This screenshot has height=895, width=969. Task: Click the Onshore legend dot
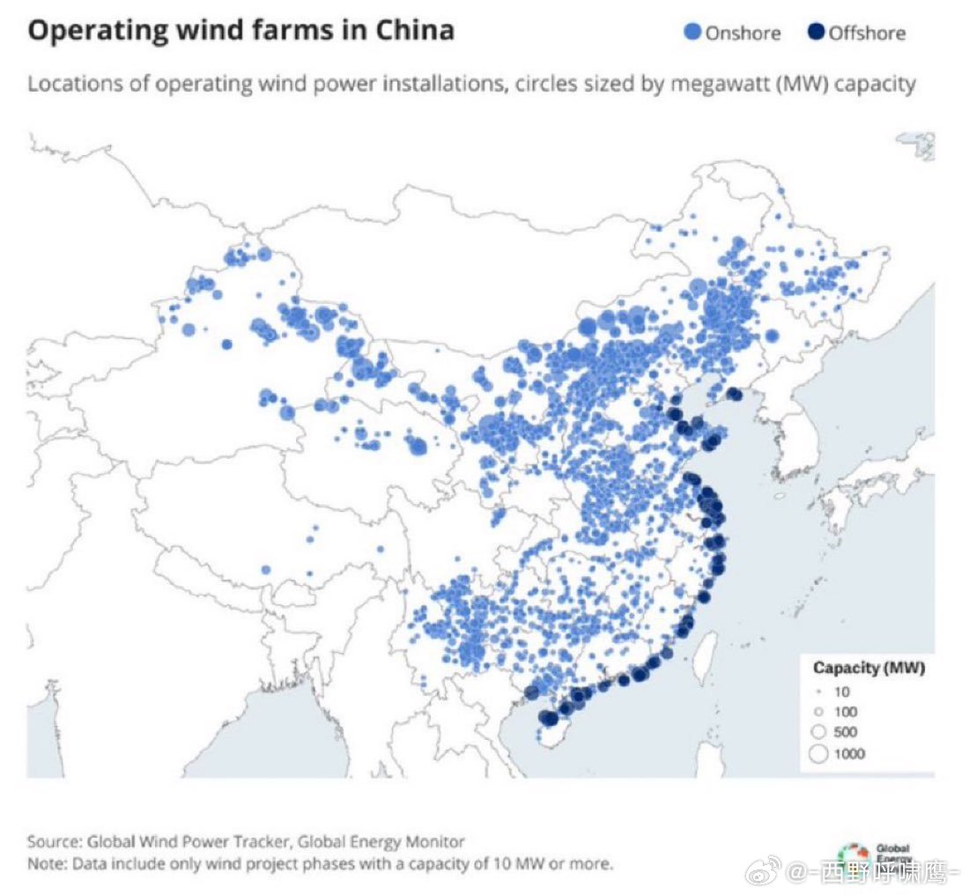point(693,33)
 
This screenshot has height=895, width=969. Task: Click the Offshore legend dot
point(816,33)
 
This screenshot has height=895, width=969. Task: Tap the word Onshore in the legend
point(743,34)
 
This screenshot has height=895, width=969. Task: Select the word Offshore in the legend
point(867,34)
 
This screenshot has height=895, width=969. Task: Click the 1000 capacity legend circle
point(818,753)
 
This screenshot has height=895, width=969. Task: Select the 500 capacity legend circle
point(818,732)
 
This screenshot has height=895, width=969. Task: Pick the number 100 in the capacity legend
point(844,712)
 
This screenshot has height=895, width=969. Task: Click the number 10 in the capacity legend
point(841,692)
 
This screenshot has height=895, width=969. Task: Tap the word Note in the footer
point(44,862)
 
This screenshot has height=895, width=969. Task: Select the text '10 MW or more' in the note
point(560,862)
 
